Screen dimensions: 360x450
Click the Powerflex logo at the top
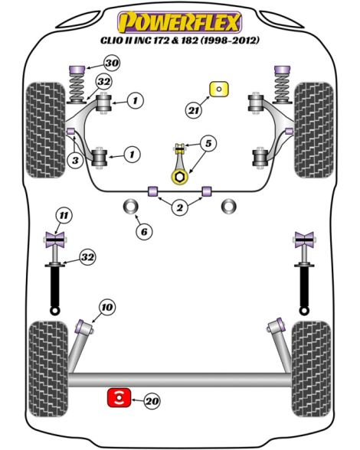(179, 22)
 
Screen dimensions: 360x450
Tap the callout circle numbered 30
(112, 63)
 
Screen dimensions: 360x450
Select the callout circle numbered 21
(194, 110)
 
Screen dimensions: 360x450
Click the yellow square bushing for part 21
(219, 89)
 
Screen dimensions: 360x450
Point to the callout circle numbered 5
(208, 143)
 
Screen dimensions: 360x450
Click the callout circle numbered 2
(179, 207)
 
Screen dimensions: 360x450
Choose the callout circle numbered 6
(144, 231)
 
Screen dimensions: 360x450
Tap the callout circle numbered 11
(64, 215)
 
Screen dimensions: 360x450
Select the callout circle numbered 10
(107, 307)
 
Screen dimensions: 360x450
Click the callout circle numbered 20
(152, 401)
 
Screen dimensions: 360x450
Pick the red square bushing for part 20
(119, 397)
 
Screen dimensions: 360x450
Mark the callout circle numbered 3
(75, 160)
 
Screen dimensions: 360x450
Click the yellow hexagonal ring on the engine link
(179, 177)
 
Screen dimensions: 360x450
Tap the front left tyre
(45, 130)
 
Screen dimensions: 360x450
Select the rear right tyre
(311, 369)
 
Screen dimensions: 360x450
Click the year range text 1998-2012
(230, 40)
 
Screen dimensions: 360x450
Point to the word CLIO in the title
(111, 40)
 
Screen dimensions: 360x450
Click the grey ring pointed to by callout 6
(131, 207)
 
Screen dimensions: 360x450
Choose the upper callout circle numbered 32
(103, 82)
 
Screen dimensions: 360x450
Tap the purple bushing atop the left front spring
(77, 70)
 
